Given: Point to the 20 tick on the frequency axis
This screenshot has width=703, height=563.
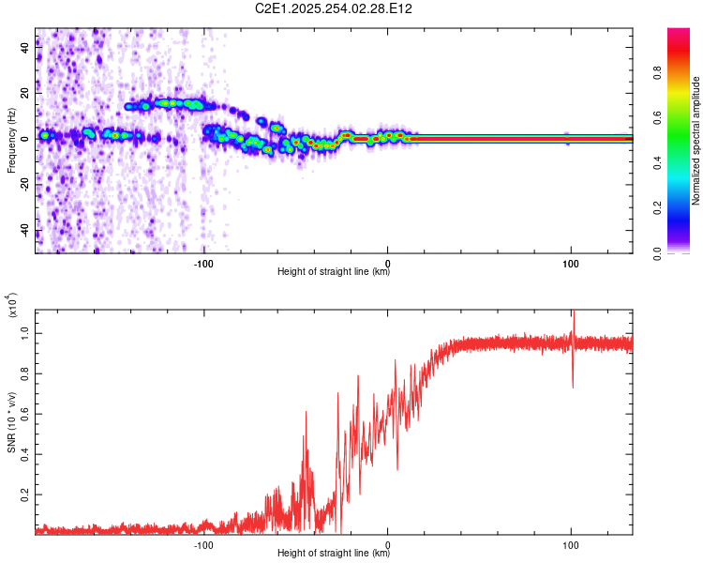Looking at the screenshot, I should click(x=24, y=93).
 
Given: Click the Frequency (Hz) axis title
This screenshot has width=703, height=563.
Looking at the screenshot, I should click(x=10, y=141).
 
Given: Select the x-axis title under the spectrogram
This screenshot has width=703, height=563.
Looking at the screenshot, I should click(x=334, y=272).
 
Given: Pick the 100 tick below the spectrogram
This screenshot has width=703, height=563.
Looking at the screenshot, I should click(x=571, y=262).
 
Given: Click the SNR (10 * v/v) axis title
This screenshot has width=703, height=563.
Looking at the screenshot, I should click(x=10, y=418).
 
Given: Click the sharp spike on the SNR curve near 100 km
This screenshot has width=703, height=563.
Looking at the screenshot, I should click(x=573, y=324).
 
